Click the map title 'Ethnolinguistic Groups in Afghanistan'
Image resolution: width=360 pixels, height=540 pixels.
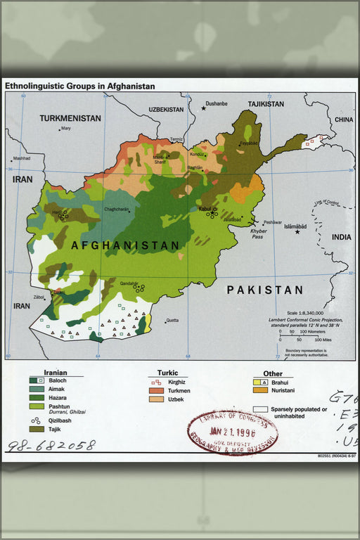click(79, 86)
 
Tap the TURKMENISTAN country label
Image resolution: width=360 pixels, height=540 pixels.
click(70, 118)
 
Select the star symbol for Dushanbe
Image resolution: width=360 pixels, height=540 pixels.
click(204, 108)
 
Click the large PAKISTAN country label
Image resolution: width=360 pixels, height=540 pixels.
click(264, 290)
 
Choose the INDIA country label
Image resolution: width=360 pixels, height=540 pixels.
click(341, 237)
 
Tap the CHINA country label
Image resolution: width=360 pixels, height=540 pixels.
click(343, 120)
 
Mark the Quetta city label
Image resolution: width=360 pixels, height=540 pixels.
click(172, 321)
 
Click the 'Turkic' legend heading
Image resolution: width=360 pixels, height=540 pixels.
click(167, 373)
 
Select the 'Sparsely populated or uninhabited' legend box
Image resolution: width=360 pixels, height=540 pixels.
click(260, 409)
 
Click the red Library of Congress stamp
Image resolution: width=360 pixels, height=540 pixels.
click(232, 432)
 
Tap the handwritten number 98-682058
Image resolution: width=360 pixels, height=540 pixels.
click(51, 446)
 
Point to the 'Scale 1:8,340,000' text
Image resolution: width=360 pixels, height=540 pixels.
click(305, 312)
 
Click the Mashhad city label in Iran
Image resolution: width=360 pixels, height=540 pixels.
click(22, 159)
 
